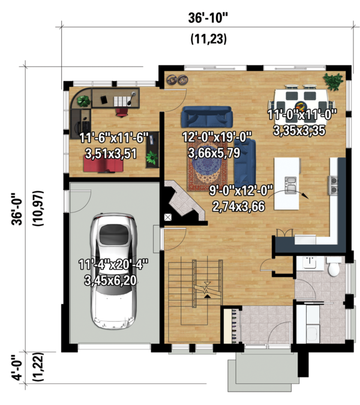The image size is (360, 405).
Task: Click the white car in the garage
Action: coord(114,273)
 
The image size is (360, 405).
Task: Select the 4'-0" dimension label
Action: coord(22,367)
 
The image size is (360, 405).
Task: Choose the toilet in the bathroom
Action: coord(334,266)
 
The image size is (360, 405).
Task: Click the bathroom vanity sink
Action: coord(310,263)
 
